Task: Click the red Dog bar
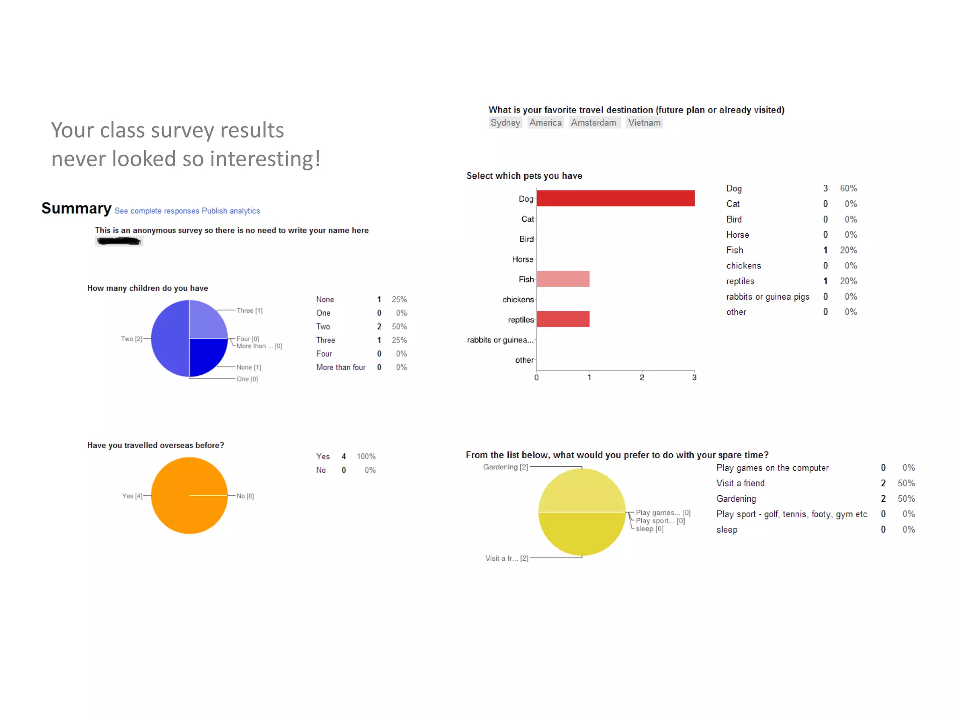click(615, 198)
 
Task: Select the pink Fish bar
click(563, 279)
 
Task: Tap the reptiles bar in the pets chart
click(563, 319)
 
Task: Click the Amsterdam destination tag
click(594, 123)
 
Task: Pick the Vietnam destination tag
click(644, 123)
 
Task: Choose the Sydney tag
click(505, 123)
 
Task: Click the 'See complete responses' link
click(157, 211)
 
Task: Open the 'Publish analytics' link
click(231, 211)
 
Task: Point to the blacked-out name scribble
click(119, 241)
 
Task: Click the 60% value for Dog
click(848, 189)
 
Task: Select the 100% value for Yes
click(366, 457)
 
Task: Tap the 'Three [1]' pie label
click(249, 311)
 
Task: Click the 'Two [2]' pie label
click(131, 339)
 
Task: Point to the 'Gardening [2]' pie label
click(506, 467)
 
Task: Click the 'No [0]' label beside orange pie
click(245, 496)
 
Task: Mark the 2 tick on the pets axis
click(642, 378)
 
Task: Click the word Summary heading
click(77, 208)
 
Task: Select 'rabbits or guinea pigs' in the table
click(768, 297)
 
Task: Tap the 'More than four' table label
click(341, 368)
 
